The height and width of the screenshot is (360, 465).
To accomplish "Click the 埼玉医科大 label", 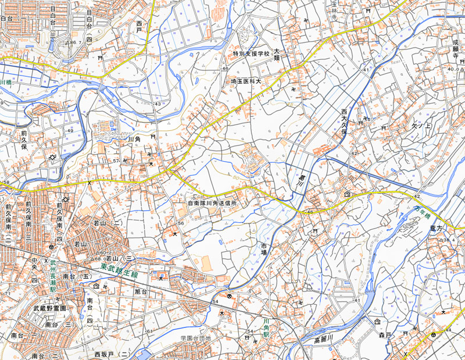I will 245,81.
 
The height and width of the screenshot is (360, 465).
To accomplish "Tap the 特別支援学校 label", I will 251,54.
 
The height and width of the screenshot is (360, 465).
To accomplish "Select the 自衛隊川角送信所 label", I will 212,204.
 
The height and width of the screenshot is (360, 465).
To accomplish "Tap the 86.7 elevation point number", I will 74,42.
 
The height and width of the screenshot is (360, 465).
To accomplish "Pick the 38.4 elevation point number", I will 448,239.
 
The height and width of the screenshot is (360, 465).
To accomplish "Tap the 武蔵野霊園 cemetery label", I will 49,308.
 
